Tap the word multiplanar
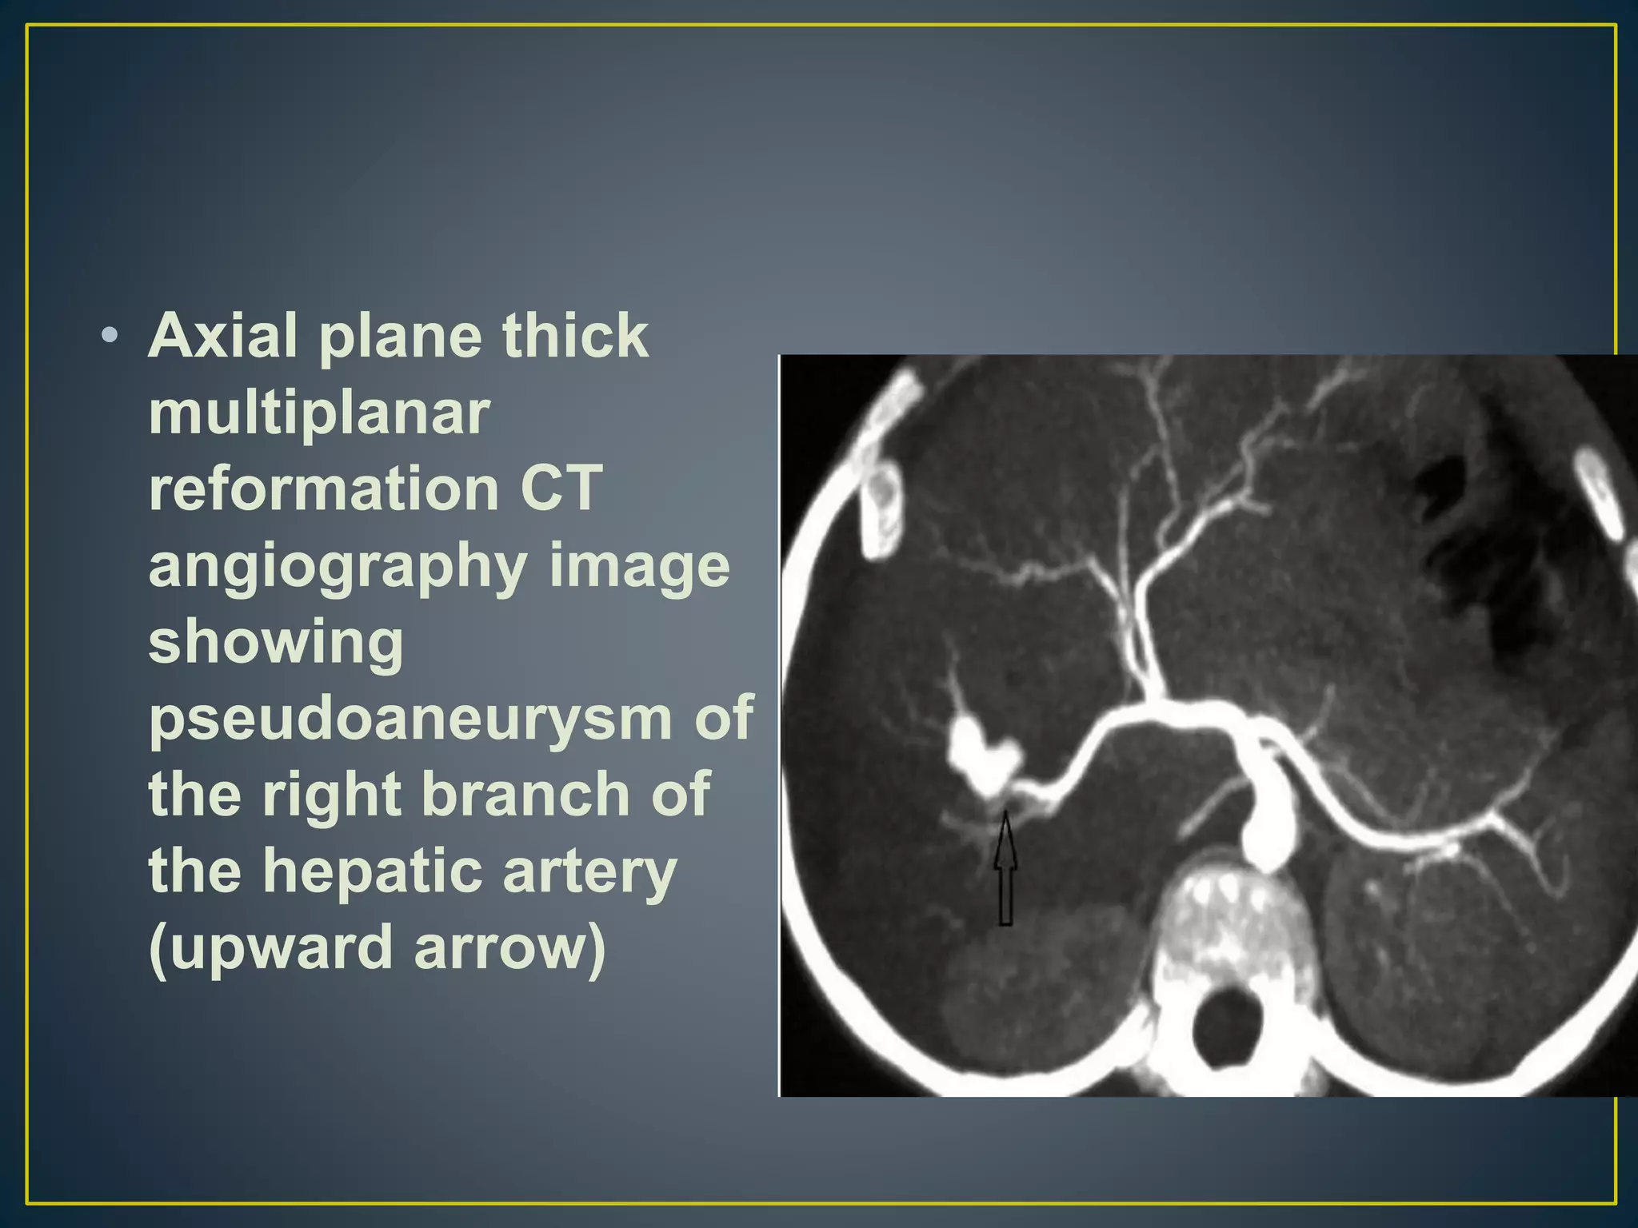318,413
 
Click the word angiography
337,568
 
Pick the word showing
276,643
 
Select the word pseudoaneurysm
409,718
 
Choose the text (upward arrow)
377,948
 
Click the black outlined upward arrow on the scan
1005,871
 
